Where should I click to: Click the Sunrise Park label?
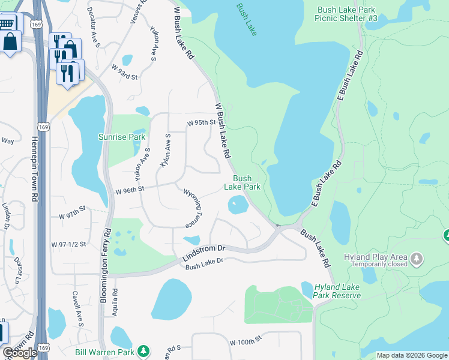[122, 137]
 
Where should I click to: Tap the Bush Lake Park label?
[242, 182]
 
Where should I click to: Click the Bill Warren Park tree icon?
[143, 350]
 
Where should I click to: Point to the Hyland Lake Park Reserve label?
[331, 291]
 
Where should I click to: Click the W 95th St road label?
[200, 122]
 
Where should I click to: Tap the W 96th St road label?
[130, 189]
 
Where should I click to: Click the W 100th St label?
[247, 340]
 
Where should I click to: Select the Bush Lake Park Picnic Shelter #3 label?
[346, 13]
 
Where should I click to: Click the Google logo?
[20, 353]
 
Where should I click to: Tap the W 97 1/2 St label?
[69, 244]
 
